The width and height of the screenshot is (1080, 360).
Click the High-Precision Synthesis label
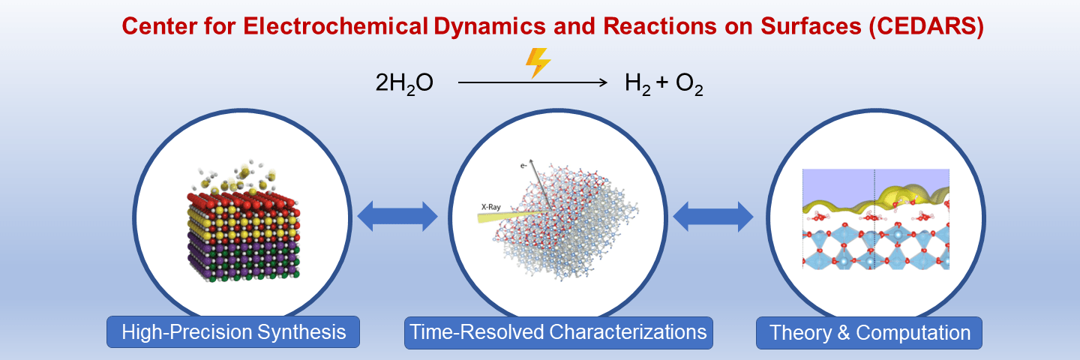[233, 331]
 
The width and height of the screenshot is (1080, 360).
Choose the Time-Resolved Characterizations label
[558, 331]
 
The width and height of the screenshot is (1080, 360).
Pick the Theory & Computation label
[869, 331]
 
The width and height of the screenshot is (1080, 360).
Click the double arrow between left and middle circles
[397, 216]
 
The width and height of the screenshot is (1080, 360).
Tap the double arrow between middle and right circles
[713, 216]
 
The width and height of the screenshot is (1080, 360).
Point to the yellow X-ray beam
[510, 216]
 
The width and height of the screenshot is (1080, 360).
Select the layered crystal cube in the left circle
[244, 232]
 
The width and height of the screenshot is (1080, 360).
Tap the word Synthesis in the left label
[307, 331]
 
